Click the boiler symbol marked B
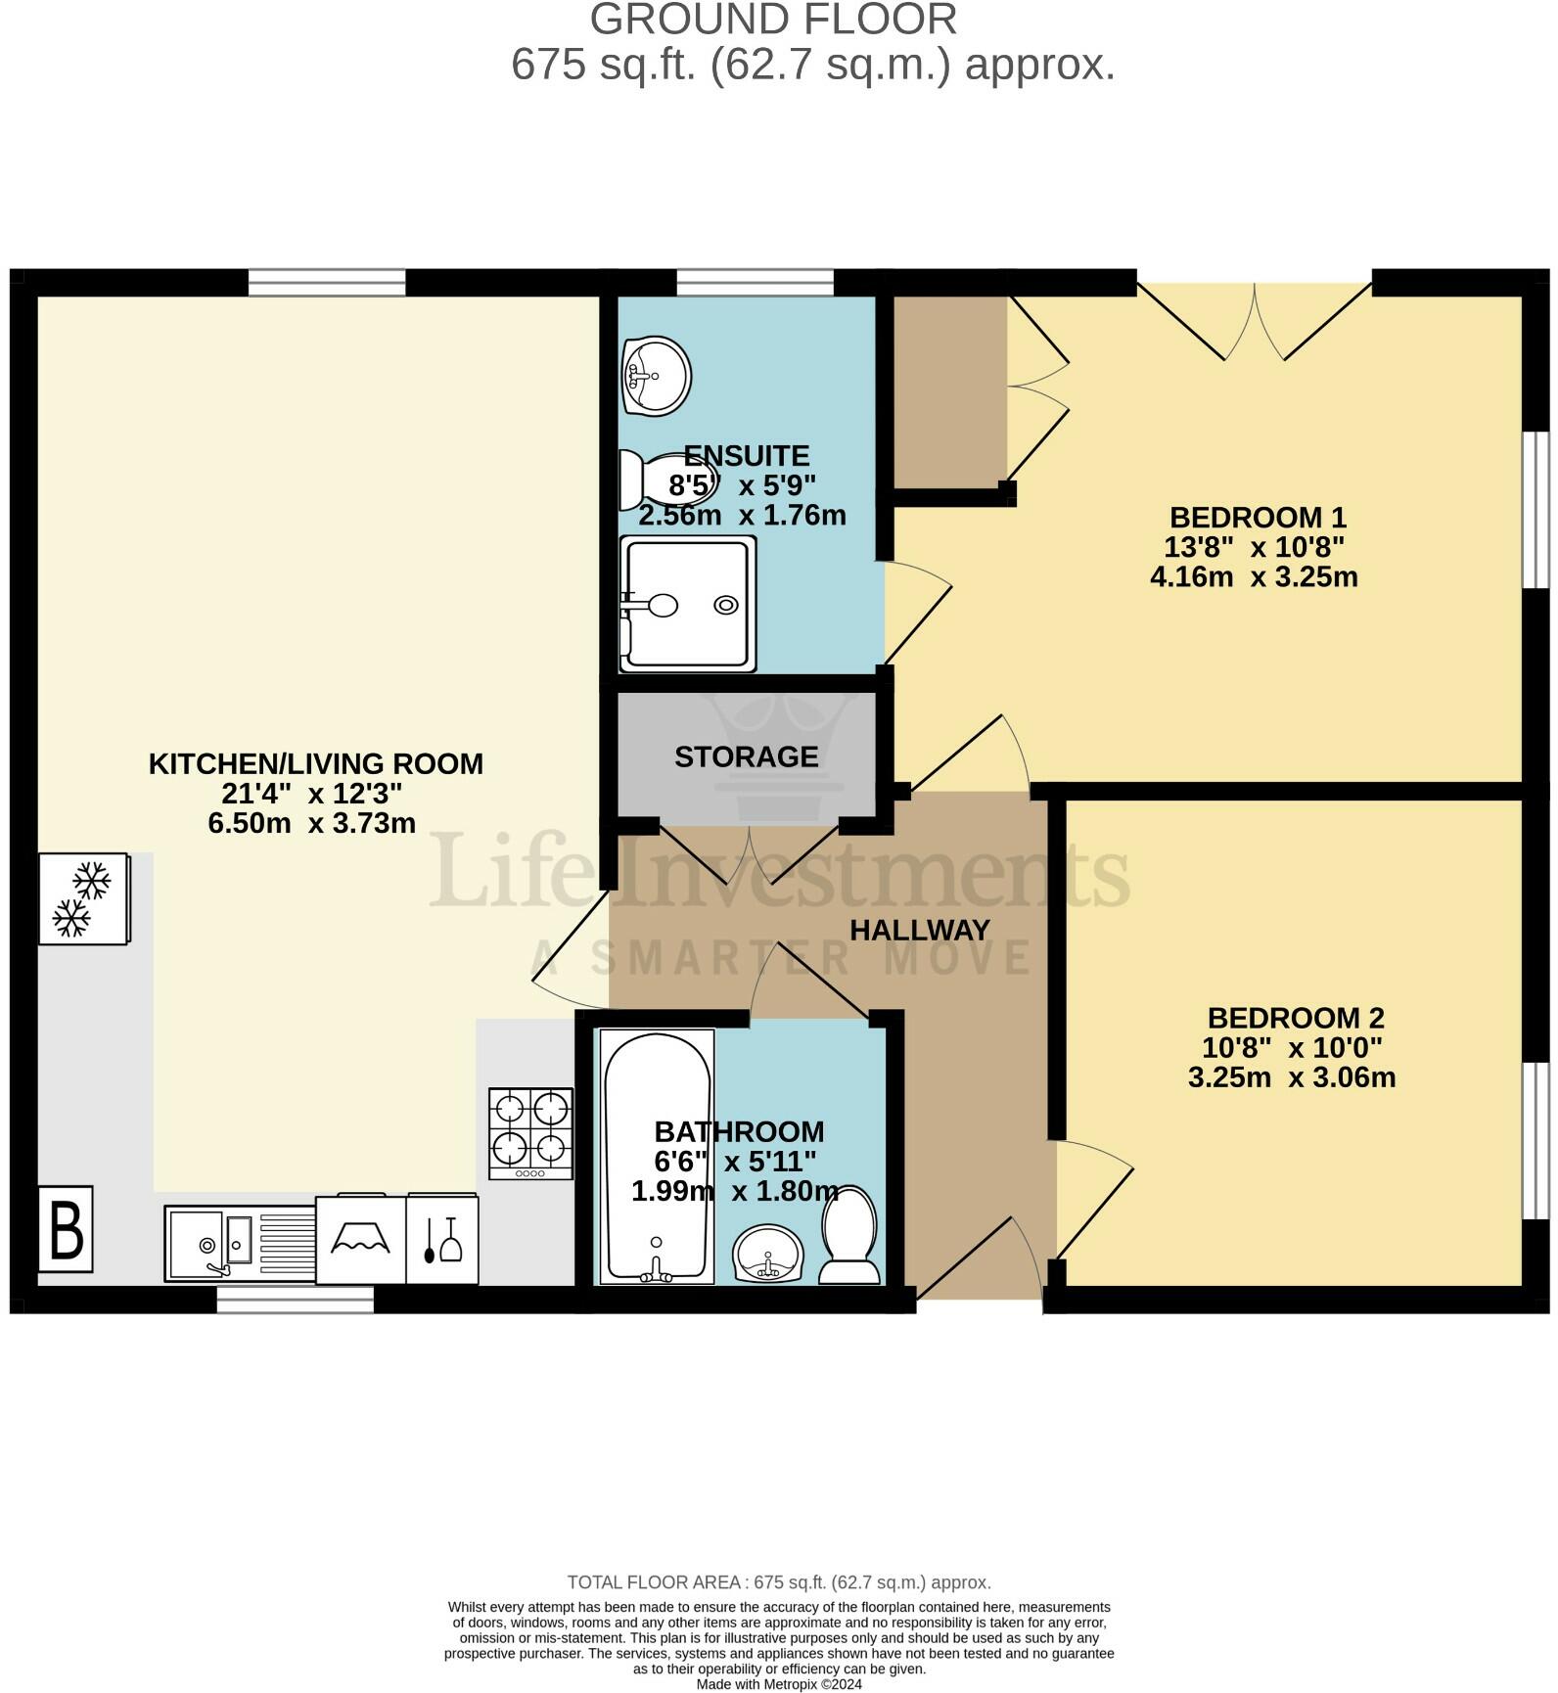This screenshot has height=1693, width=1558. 66,1228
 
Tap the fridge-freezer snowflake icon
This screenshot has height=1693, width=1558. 83,898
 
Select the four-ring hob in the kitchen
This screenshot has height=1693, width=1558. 531,1133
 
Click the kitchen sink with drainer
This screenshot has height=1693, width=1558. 240,1243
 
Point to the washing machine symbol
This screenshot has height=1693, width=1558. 360,1239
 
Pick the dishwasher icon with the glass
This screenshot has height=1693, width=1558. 442,1240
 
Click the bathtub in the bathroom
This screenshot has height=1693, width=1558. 657,1156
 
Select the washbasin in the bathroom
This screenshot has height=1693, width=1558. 768,1255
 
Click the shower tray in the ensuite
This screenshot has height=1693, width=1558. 688,604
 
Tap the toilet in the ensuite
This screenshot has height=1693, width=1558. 651,480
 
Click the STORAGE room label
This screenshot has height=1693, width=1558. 746,756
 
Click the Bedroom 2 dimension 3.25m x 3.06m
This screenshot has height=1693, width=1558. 1291,1077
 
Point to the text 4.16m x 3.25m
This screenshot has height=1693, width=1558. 1253,576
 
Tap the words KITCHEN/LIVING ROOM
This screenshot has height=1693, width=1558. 315,763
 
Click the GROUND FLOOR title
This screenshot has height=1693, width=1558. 773,20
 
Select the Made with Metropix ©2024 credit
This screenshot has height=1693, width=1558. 778,1684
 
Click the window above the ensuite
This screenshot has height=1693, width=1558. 755,282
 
